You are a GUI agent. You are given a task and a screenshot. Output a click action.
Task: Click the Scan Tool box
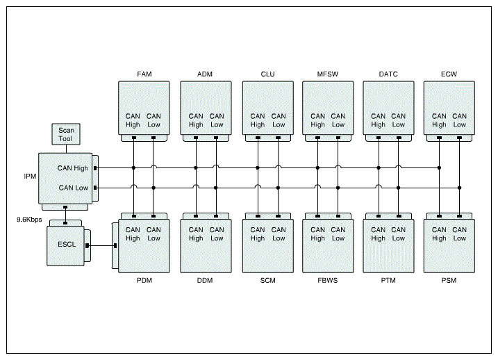pos(66,134)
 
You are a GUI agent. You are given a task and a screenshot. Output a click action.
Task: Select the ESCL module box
pos(66,245)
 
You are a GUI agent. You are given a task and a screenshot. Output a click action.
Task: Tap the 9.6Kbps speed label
pos(29,220)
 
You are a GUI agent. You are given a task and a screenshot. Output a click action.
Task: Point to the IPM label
pos(30,176)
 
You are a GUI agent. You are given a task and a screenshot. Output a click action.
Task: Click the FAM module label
pos(144,74)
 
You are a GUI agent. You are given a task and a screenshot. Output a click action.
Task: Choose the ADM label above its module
pos(205,74)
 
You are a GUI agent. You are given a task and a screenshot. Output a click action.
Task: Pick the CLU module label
pos(267,74)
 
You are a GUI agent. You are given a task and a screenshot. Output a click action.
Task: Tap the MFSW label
pos(327,74)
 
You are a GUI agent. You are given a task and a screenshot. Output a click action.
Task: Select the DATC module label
pos(388,74)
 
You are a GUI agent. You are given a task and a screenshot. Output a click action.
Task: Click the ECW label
pos(449,74)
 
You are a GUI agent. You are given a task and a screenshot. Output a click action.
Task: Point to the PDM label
pos(144,280)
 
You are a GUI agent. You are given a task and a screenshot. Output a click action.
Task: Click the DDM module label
pos(205,280)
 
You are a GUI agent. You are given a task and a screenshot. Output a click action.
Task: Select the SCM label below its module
pos(267,280)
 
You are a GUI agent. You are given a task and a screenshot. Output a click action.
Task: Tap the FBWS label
pos(327,280)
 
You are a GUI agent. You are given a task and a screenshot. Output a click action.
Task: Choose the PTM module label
pos(388,280)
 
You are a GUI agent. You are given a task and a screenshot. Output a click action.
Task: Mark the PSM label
pos(449,280)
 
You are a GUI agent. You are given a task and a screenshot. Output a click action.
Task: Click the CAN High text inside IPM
pos(73,168)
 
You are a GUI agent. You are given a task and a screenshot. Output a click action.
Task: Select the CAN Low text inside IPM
pos(74,188)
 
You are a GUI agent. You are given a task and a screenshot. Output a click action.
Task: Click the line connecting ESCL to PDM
pos(101,245)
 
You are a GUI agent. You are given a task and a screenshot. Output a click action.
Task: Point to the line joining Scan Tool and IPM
pos(66,149)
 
